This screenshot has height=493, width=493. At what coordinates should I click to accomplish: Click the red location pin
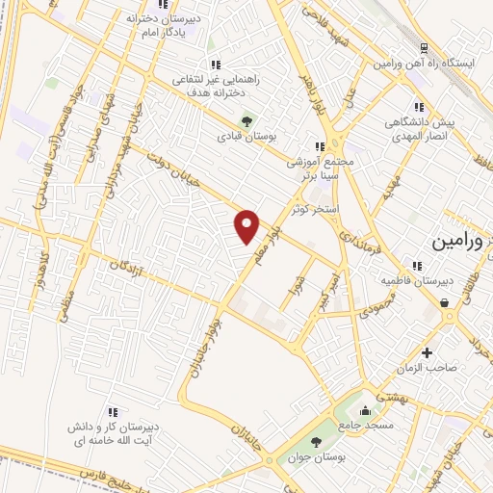(247, 226)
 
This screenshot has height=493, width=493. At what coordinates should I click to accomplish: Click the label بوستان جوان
(313, 457)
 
